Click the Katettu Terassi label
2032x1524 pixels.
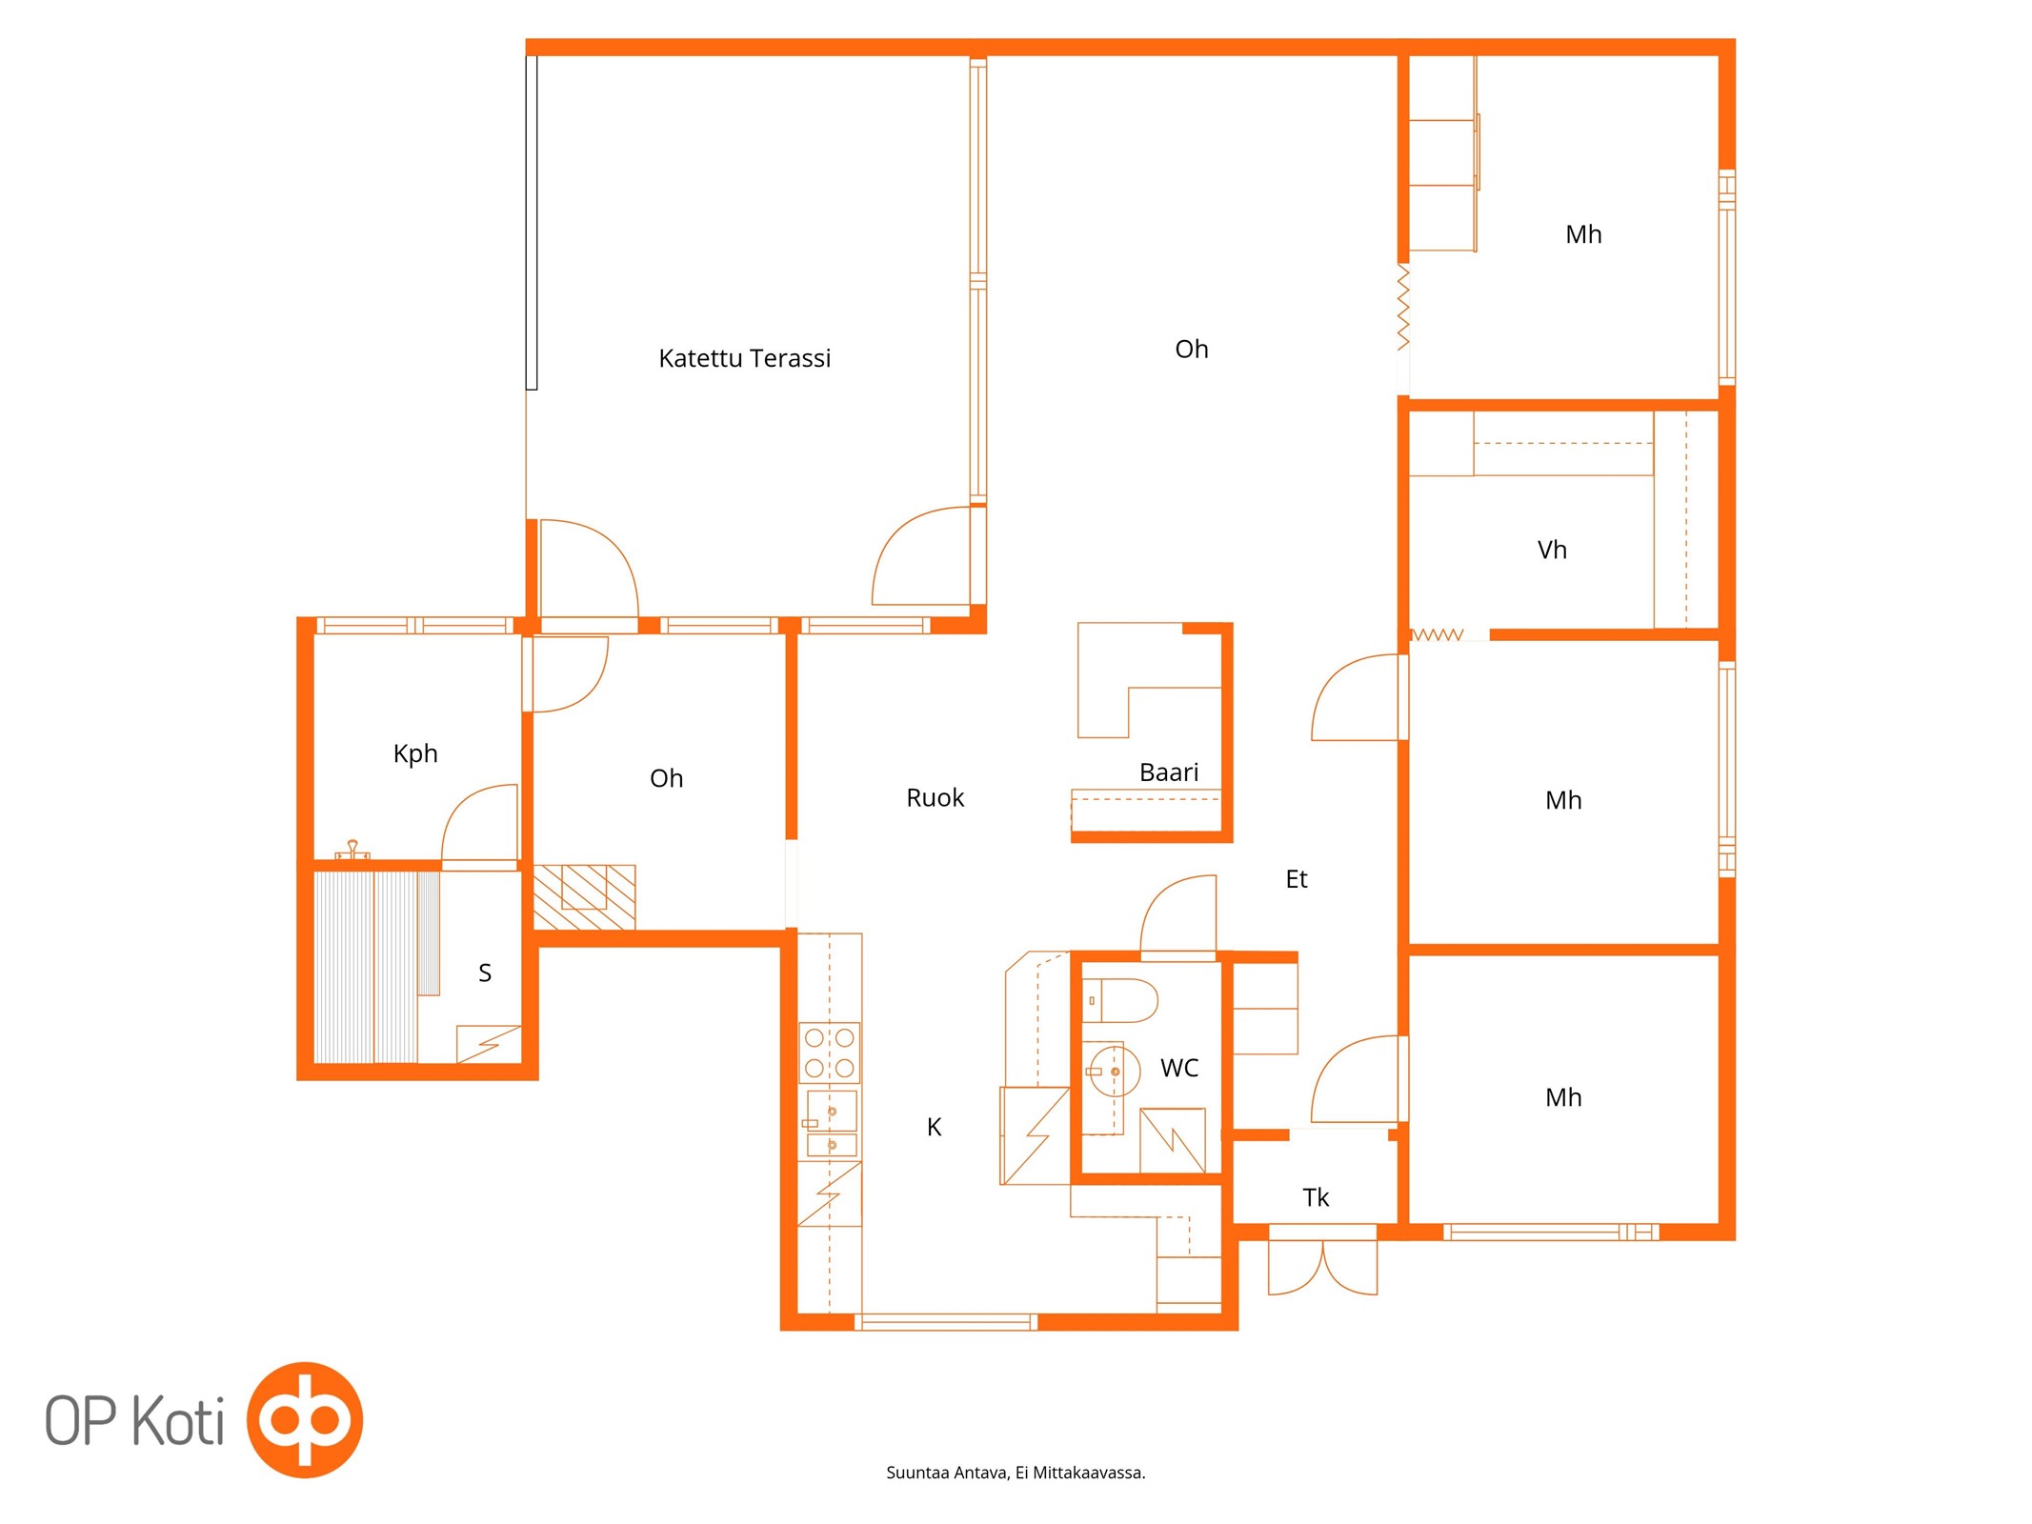(x=744, y=358)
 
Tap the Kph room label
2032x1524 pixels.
(x=415, y=753)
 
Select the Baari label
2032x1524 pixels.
(x=1169, y=772)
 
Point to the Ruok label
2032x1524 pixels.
(x=935, y=797)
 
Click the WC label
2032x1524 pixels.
(x=1179, y=1068)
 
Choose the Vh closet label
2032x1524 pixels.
(x=1552, y=550)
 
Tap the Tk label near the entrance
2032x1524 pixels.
(x=1316, y=1197)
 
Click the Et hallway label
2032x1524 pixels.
(x=1297, y=879)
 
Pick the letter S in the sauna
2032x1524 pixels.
(x=485, y=973)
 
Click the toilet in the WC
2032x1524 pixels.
(x=1119, y=1000)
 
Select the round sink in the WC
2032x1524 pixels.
(x=1113, y=1072)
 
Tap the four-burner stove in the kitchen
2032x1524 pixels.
(x=829, y=1053)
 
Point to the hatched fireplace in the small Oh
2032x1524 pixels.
(x=584, y=896)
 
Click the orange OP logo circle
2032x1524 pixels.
(x=305, y=1419)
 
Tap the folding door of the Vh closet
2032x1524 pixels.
(x=1437, y=634)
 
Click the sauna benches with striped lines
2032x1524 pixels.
(x=376, y=967)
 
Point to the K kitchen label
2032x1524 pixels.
(x=934, y=1127)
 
